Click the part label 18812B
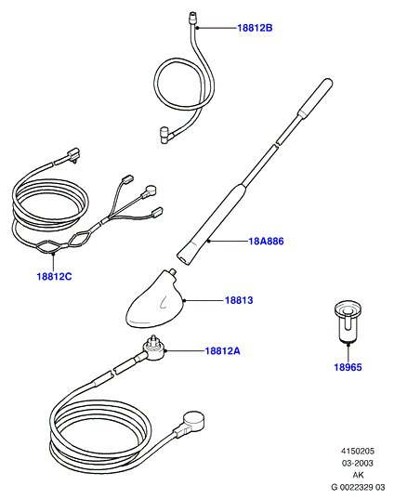click(x=255, y=28)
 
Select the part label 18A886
click(x=266, y=242)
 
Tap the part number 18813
click(x=239, y=300)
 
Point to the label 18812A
click(x=222, y=351)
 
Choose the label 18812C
click(x=55, y=276)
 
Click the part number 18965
click(x=348, y=367)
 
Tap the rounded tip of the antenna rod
click(x=328, y=83)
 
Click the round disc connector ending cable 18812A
click(x=193, y=420)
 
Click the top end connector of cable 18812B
click(x=192, y=17)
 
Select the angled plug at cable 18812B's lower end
click(x=165, y=136)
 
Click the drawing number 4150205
click(x=358, y=451)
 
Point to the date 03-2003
click(x=358, y=463)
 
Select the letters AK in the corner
click(x=358, y=475)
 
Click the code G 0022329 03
click(x=358, y=487)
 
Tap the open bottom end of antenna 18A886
click(x=183, y=258)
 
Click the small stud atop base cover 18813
click(x=173, y=272)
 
